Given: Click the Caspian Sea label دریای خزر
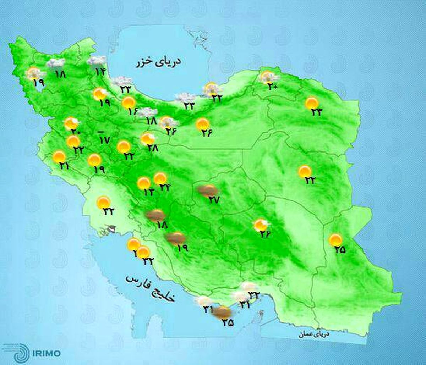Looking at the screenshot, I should pyautogui.click(x=158, y=63).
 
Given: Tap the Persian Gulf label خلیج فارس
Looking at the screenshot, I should pyautogui.click(x=151, y=288).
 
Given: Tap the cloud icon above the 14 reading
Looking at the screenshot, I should pyautogui.click(x=97, y=61).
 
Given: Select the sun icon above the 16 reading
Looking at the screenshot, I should pyautogui.click(x=128, y=103).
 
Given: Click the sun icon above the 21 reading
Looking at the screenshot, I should pyautogui.click(x=59, y=157).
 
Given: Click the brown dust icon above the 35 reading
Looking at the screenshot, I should pyautogui.click(x=222, y=312).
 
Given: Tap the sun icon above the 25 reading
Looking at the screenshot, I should pyautogui.click(x=335, y=240).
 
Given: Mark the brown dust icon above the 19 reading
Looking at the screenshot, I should pyautogui.click(x=176, y=238).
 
